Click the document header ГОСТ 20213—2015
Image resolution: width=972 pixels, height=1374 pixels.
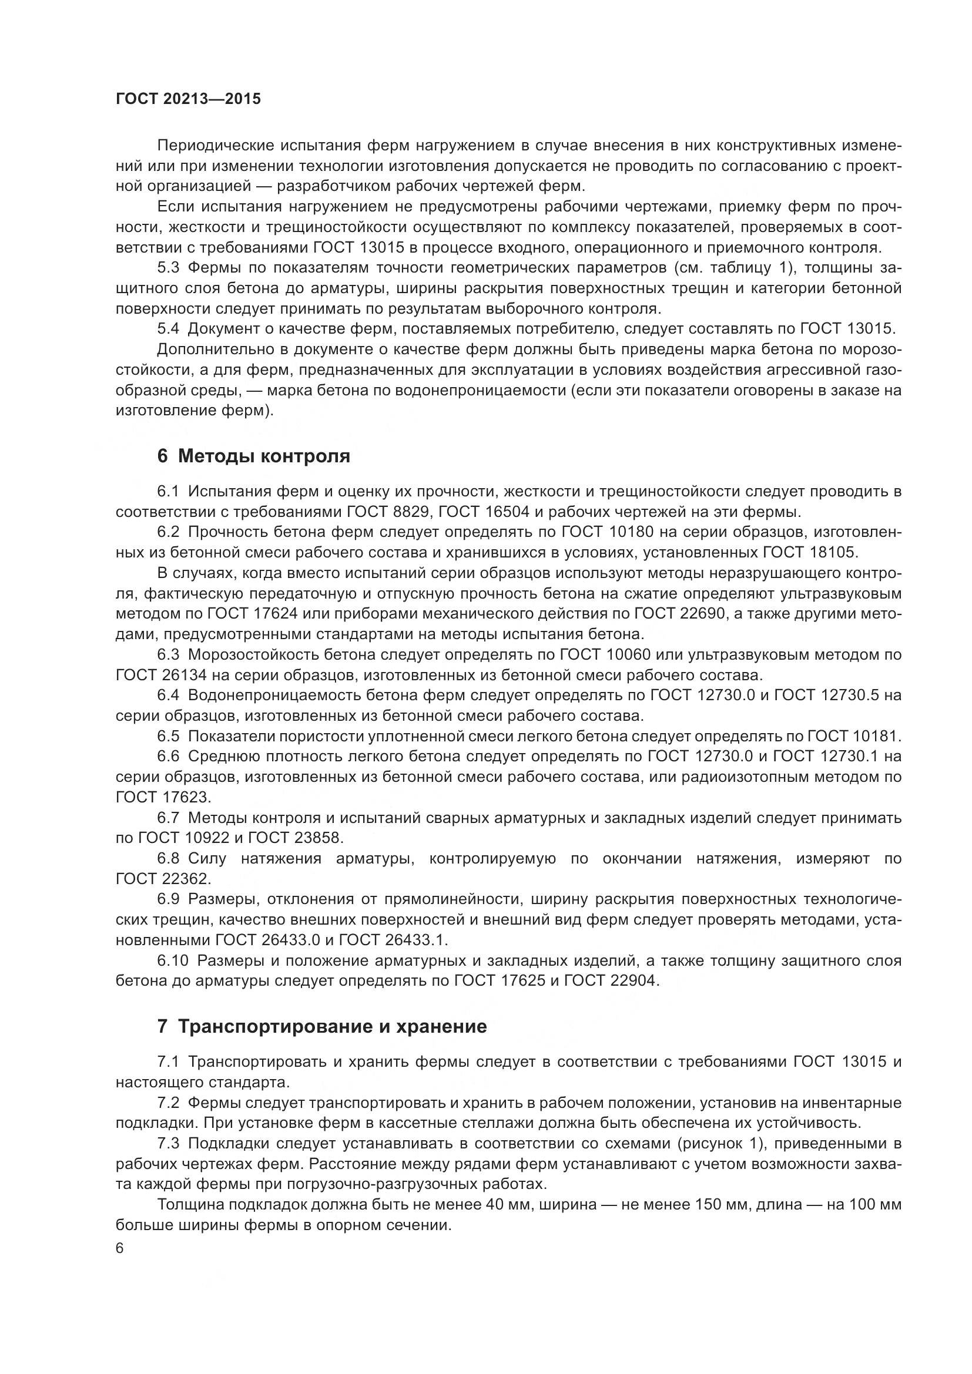click(x=188, y=99)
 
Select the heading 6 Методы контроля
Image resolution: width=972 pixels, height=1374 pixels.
click(x=253, y=456)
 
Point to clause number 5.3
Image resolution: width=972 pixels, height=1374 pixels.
click(x=168, y=267)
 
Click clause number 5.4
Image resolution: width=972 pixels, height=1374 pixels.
click(x=168, y=328)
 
